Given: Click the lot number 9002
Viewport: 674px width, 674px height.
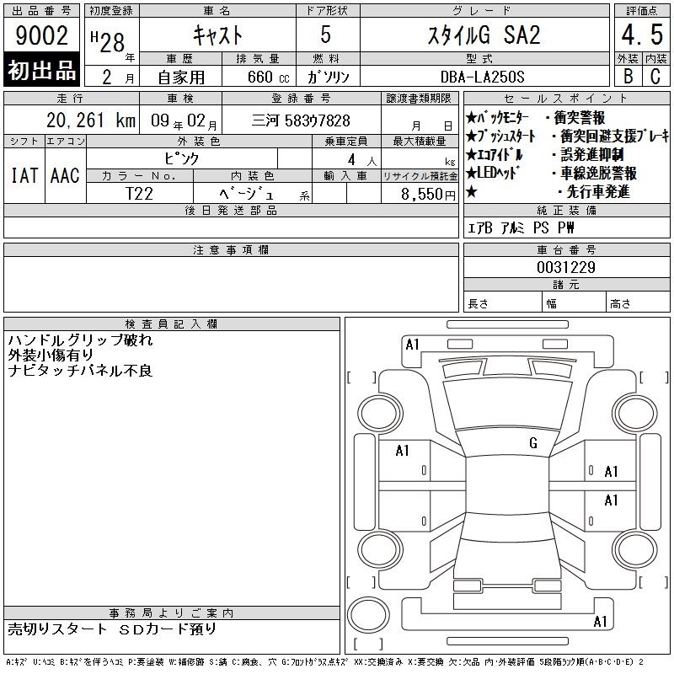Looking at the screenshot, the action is [41, 35].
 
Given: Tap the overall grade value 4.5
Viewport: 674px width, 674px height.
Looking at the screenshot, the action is [642, 35].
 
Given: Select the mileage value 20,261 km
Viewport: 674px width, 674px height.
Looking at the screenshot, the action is [91, 120].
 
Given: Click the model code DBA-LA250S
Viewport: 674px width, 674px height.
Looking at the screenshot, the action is [482, 77].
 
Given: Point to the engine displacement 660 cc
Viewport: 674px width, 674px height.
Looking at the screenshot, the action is [268, 77].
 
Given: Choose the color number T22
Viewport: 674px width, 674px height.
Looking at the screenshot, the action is [139, 194].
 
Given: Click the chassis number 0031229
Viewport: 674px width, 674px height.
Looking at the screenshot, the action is [565, 267].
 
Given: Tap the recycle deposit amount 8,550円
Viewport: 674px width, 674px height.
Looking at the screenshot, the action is [428, 195].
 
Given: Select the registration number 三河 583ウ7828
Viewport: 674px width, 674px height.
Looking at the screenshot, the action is [301, 120].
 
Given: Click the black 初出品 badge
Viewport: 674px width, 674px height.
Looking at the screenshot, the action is [41, 69].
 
